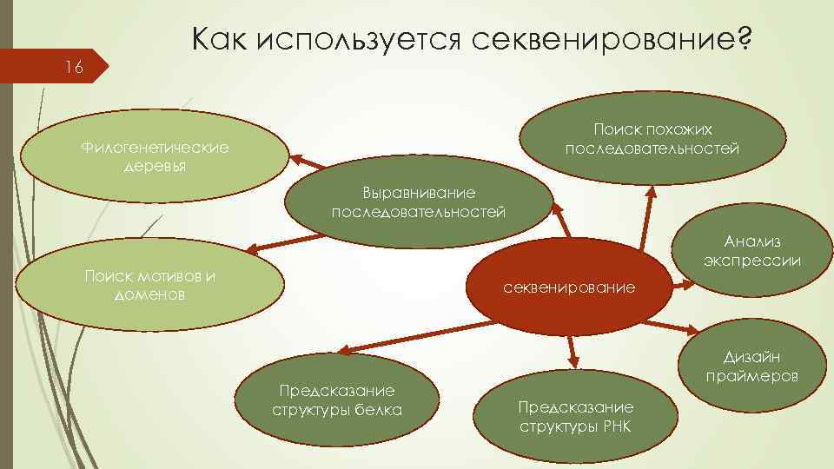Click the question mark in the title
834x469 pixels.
tap(742, 38)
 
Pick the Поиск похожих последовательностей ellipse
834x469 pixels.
tap(652, 139)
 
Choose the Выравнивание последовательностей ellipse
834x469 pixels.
tap(418, 202)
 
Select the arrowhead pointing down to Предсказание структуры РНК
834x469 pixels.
tap(574, 357)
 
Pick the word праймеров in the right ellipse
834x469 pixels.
tap(752, 377)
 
